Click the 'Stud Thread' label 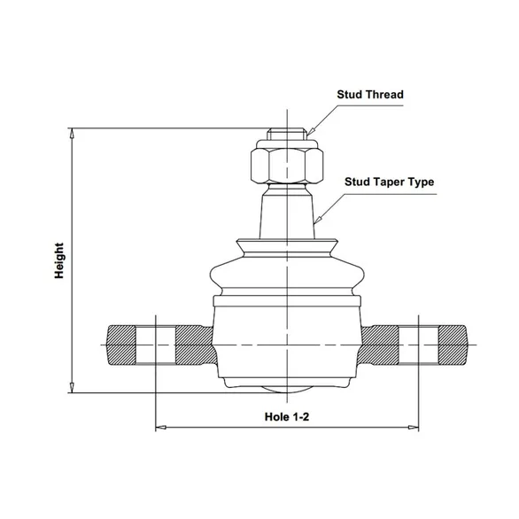point(370,95)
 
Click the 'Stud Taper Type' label point(390,182)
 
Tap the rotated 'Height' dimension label point(59,260)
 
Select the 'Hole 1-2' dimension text point(287,417)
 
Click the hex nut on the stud point(287,166)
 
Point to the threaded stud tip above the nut point(287,134)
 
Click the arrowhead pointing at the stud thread point(310,132)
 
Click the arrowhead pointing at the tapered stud point(318,220)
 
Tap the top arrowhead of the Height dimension point(72,132)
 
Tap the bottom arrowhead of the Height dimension point(72,388)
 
